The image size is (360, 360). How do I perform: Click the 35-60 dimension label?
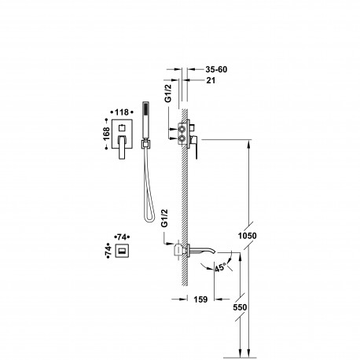[216, 69]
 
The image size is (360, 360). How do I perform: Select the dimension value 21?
[211, 80]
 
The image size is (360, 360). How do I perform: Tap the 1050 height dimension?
[247, 236]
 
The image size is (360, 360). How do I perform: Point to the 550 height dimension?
[240, 307]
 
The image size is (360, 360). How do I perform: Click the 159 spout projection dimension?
[200, 299]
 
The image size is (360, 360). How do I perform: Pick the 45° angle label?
[220, 268]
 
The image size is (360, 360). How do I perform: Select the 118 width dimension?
[122, 112]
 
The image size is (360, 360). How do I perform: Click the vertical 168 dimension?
[106, 134]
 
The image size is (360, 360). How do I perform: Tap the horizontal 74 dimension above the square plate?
[122, 237]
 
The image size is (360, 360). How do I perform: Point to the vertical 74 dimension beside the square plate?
[108, 250]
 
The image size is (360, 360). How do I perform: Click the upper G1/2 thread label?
[167, 93]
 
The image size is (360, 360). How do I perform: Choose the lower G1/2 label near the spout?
[164, 218]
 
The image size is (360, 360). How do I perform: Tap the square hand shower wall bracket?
[145, 144]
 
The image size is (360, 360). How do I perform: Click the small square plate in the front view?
[122, 251]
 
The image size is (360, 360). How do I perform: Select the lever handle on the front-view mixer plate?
[122, 147]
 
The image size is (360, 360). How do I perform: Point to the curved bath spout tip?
[215, 252]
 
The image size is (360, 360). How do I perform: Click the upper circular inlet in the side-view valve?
[182, 129]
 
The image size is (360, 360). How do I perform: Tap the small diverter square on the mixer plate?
[122, 128]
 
